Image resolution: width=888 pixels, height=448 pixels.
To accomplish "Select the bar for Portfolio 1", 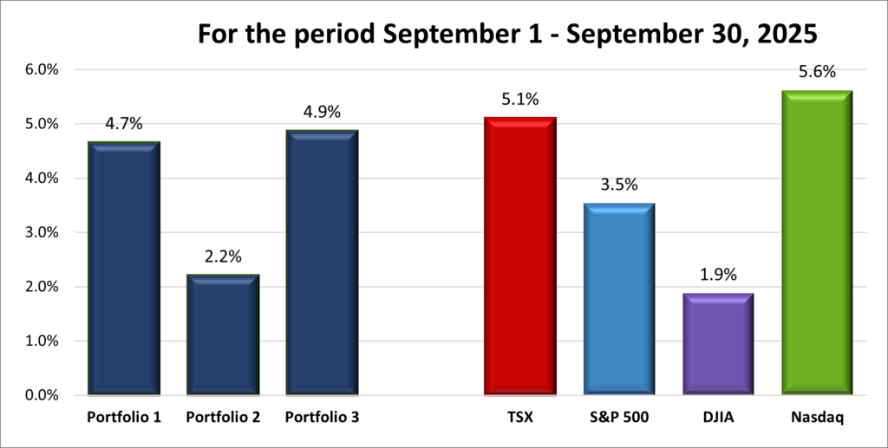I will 124,269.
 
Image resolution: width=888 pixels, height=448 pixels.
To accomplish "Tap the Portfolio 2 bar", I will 223,334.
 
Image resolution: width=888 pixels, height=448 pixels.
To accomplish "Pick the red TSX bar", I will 520,256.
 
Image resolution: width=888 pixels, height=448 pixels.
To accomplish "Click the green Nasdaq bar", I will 817,243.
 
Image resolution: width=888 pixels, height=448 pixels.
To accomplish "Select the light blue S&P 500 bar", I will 619,299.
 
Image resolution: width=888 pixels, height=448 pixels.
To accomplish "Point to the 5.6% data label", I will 817,72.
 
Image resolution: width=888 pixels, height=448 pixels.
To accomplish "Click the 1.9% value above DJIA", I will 717,276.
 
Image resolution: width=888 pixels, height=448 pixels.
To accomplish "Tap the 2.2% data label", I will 223,256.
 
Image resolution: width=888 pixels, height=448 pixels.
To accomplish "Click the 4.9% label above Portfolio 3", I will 322,112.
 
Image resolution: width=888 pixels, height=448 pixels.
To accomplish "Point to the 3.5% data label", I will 619,185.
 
